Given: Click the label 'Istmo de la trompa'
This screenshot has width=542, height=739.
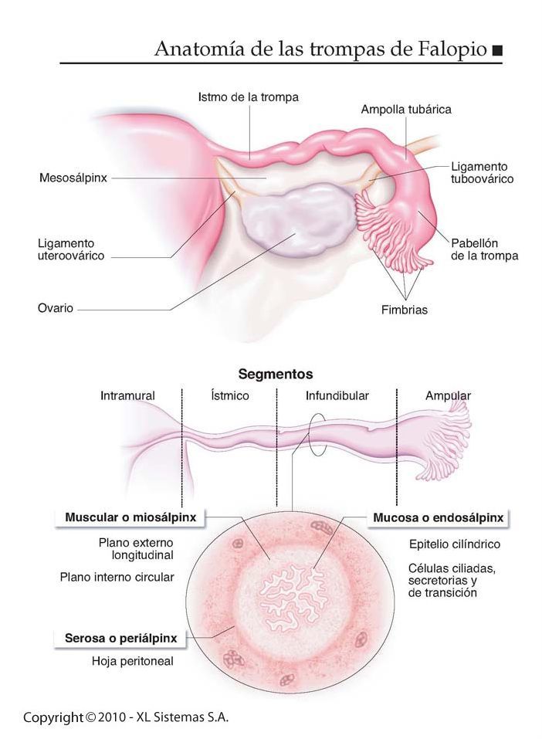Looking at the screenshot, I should (248, 97).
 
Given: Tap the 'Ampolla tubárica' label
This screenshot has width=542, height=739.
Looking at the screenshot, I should (406, 110).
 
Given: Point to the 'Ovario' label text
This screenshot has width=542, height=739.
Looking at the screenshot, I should (56, 308).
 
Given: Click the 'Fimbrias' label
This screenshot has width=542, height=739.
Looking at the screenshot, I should (404, 310).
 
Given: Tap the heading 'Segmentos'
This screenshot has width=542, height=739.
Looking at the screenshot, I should (276, 374).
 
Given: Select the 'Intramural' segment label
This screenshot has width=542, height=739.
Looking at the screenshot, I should (127, 395).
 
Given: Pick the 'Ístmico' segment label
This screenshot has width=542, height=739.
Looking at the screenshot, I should (229, 395).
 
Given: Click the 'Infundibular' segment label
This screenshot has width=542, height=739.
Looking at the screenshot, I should (337, 395).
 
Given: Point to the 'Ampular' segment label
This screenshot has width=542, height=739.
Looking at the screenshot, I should (448, 395).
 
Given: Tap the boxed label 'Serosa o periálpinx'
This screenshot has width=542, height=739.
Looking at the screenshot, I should (120, 639).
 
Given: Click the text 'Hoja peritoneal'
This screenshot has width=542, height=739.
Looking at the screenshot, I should (132, 661).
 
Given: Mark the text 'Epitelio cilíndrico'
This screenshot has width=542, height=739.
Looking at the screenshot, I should (454, 544).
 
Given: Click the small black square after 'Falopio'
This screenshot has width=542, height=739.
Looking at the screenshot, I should (496, 50).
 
